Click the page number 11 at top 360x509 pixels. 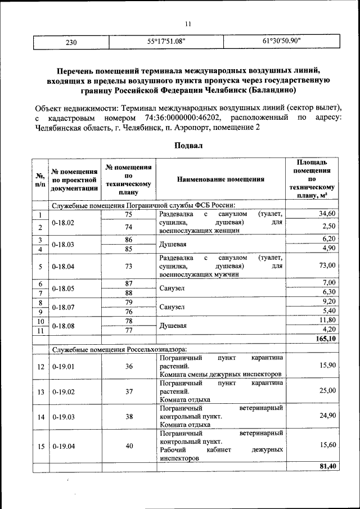(188, 23)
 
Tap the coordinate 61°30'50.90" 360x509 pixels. (282, 41)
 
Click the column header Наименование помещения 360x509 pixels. (220, 180)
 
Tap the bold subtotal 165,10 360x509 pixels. (325, 339)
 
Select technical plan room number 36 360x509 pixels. (129, 366)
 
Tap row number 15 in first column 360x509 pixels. (40, 446)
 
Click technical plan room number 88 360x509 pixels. (129, 292)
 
